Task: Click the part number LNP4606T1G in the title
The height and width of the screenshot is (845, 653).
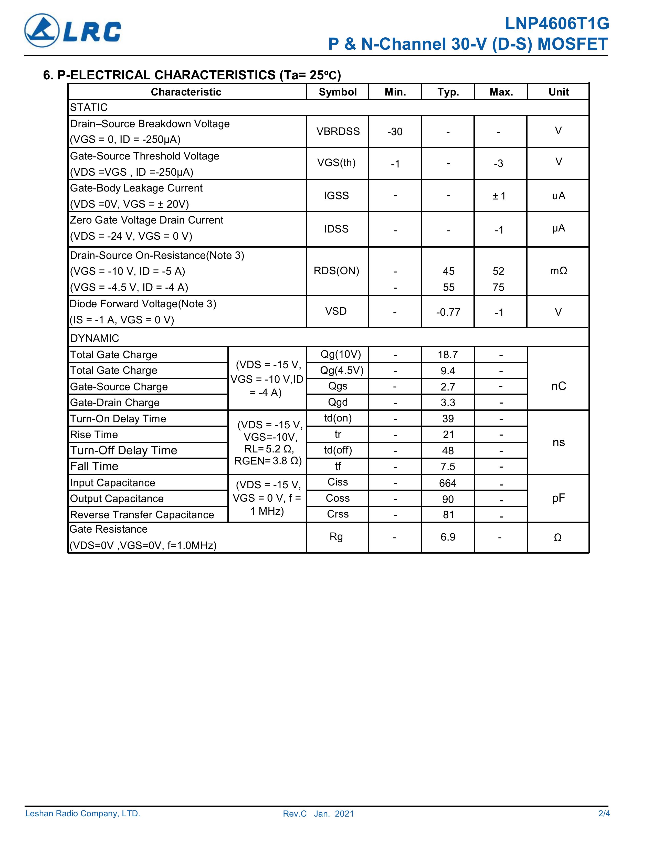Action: [x=557, y=24]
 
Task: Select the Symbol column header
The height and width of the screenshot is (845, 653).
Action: [x=337, y=92]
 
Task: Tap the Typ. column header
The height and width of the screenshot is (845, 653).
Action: [x=448, y=92]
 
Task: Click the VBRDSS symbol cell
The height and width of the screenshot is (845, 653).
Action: [x=338, y=132]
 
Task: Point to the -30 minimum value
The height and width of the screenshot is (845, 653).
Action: [x=395, y=132]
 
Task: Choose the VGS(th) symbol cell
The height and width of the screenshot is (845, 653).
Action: [x=336, y=163]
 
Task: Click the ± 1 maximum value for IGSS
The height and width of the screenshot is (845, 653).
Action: [x=499, y=196]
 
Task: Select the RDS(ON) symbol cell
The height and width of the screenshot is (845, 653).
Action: [x=336, y=271]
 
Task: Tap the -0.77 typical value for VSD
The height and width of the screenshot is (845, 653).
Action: [x=448, y=312]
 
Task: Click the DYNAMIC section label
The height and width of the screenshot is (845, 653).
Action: [x=95, y=338]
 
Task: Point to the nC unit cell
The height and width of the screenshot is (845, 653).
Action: [x=558, y=386]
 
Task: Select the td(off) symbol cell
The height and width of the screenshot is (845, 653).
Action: [x=338, y=450]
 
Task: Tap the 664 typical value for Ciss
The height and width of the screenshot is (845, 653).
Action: [x=448, y=483]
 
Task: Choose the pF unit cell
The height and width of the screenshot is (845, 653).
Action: [x=558, y=498]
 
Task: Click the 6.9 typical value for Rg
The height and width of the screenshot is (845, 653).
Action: [x=448, y=537]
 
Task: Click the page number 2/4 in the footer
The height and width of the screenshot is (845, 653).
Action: [x=604, y=813]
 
